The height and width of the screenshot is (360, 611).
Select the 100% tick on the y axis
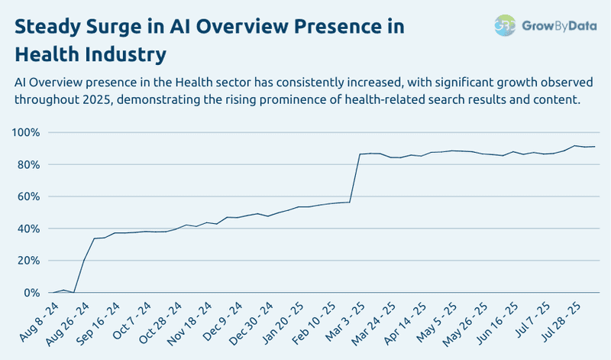pyautogui.click(x=24, y=133)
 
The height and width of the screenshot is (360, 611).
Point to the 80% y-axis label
pyautogui.click(x=27, y=165)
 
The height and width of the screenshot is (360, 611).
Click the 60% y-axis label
pyautogui.click(x=27, y=197)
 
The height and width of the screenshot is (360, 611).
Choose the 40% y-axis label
pyautogui.click(x=27, y=229)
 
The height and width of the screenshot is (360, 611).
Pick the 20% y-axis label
pyautogui.click(x=27, y=261)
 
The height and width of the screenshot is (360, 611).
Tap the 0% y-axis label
pyautogui.click(x=30, y=294)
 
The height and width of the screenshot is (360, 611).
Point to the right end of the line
pyautogui.click(x=595, y=146)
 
